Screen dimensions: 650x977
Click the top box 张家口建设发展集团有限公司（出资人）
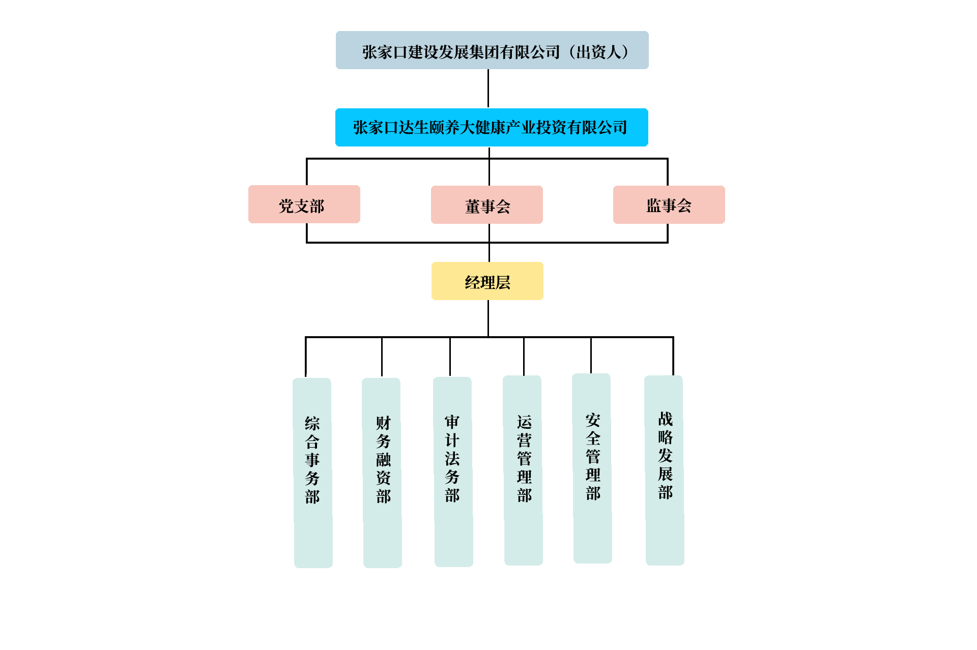point(492,50)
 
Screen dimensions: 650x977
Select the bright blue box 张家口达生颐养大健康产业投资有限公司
point(492,127)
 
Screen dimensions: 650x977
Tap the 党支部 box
point(304,204)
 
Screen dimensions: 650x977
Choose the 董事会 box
point(486,205)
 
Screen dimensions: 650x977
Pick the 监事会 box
point(669,205)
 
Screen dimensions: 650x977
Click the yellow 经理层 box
point(487,281)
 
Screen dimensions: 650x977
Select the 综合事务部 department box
point(312,472)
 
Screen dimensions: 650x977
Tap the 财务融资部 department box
point(382,472)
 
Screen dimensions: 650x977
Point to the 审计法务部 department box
point(453,471)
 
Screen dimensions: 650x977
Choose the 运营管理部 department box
point(523,470)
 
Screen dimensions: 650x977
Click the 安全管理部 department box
point(592,468)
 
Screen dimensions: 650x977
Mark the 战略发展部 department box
point(664,470)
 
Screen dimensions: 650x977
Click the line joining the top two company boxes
point(488,88)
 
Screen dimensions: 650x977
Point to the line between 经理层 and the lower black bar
point(488,318)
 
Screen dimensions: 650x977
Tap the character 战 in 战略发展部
point(665,419)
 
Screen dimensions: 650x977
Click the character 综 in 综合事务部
point(312,423)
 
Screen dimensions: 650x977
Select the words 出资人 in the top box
point(599,52)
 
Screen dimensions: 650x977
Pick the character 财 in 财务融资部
point(383,423)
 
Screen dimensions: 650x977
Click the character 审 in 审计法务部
point(452,422)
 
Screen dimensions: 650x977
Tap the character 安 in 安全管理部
point(593,420)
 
